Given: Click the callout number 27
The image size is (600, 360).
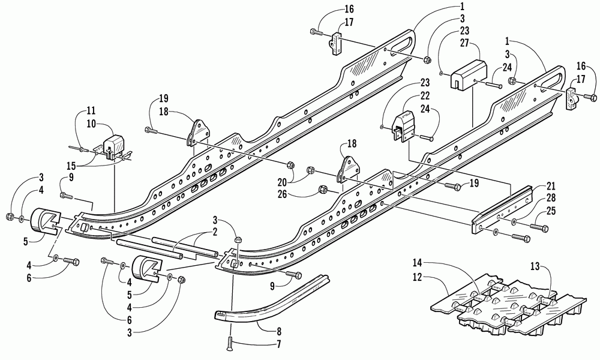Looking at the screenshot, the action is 464,43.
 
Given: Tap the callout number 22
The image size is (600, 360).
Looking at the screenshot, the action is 425,95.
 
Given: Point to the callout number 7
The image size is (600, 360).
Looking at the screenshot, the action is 278,344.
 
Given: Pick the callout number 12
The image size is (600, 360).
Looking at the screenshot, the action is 418,277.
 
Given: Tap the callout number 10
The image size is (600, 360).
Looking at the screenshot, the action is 91,124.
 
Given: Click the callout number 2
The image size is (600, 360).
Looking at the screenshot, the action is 215,232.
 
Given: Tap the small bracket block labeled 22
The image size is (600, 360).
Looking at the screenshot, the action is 402,126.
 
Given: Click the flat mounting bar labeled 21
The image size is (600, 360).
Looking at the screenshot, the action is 502,210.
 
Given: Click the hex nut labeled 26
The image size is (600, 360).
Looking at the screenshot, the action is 322,190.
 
